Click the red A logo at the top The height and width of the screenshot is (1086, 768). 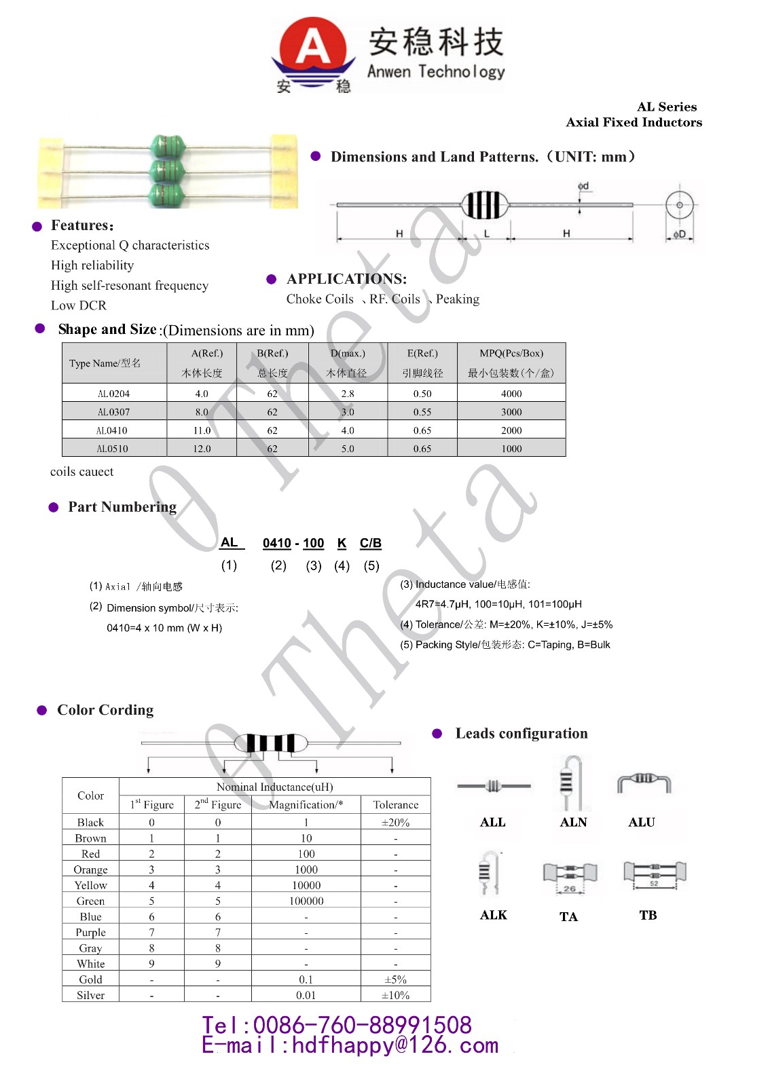313,48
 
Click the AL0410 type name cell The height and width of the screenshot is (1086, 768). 113,430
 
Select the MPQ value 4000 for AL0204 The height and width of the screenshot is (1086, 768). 511,394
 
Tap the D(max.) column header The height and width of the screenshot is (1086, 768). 348,354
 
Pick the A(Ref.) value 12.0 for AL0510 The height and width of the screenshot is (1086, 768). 202,449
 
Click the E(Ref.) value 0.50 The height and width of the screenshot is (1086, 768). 422,394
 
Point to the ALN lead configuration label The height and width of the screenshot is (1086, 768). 573,822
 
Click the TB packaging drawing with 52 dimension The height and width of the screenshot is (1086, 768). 655,875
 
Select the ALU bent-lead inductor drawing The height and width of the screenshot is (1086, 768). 644,782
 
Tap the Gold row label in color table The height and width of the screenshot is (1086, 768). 90,979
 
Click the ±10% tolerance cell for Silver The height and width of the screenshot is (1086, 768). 395,995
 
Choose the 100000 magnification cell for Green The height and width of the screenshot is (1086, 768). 306,901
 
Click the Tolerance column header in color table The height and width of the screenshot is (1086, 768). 395,804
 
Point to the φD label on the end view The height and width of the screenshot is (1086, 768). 679,234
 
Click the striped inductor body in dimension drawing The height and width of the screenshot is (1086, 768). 484,204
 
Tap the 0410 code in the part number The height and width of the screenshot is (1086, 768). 276,543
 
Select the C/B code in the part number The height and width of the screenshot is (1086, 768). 370,543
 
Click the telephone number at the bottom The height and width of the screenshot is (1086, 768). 337,1025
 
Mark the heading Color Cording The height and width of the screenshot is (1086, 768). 105,710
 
